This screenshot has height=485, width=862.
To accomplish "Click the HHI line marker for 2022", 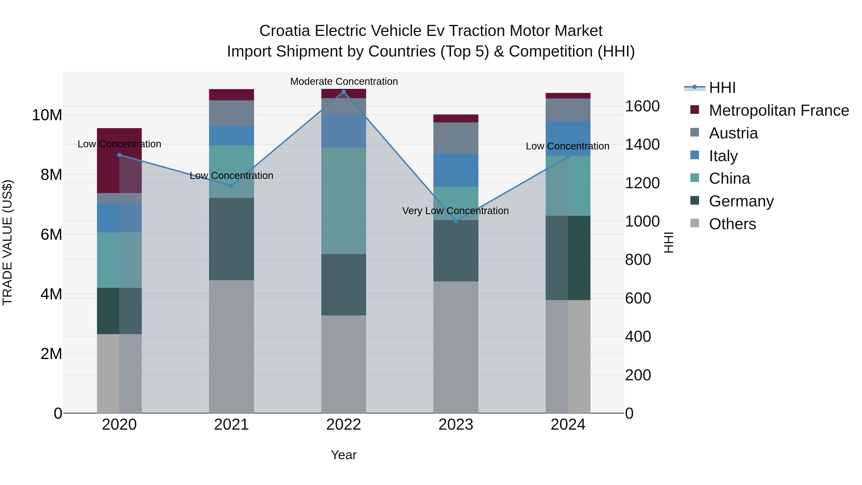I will [x=343, y=92].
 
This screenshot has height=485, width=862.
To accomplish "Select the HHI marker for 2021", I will [x=231, y=186].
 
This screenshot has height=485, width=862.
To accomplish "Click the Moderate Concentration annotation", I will [x=344, y=81].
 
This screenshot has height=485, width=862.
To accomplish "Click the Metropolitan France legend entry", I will [x=778, y=110].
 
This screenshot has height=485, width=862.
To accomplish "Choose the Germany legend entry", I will [x=741, y=201].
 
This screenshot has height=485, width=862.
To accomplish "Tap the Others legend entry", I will [x=732, y=224].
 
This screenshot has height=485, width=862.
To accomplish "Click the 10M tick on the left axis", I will [x=47, y=115].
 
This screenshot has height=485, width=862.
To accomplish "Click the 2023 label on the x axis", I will [x=455, y=425].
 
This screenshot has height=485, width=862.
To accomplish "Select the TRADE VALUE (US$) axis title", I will [x=7, y=242].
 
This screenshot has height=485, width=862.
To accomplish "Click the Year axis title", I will [x=343, y=455].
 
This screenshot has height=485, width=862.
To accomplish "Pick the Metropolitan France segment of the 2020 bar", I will [x=119, y=161].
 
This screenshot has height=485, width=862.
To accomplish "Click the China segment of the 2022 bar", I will [x=343, y=201].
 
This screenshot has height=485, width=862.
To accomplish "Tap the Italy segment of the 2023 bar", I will [x=455, y=170].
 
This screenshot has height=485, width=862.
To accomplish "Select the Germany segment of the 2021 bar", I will [x=231, y=239].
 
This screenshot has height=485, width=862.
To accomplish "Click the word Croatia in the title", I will [x=284, y=31].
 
